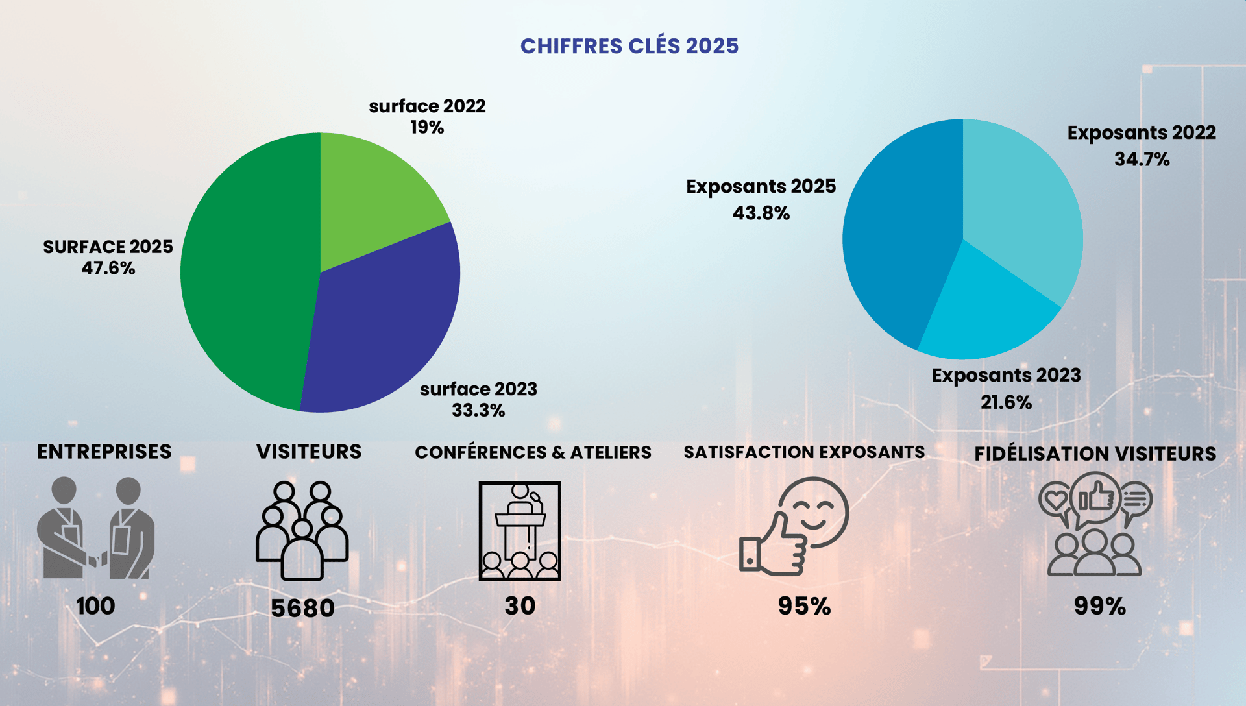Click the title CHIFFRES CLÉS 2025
coord(629,46)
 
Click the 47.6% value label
coord(108,268)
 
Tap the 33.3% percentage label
coord(478,410)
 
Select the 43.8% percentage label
coord(761,213)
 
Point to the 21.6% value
coord(1006,402)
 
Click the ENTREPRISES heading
coord(104,452)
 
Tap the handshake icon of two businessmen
coord(96,528)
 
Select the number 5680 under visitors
coord(302,608)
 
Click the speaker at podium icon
coord(520,531)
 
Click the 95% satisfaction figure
coord(804,606)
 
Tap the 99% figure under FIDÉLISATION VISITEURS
coord(1099,606)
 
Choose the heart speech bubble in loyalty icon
coord(1056,500)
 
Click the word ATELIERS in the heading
coord(611,452)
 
